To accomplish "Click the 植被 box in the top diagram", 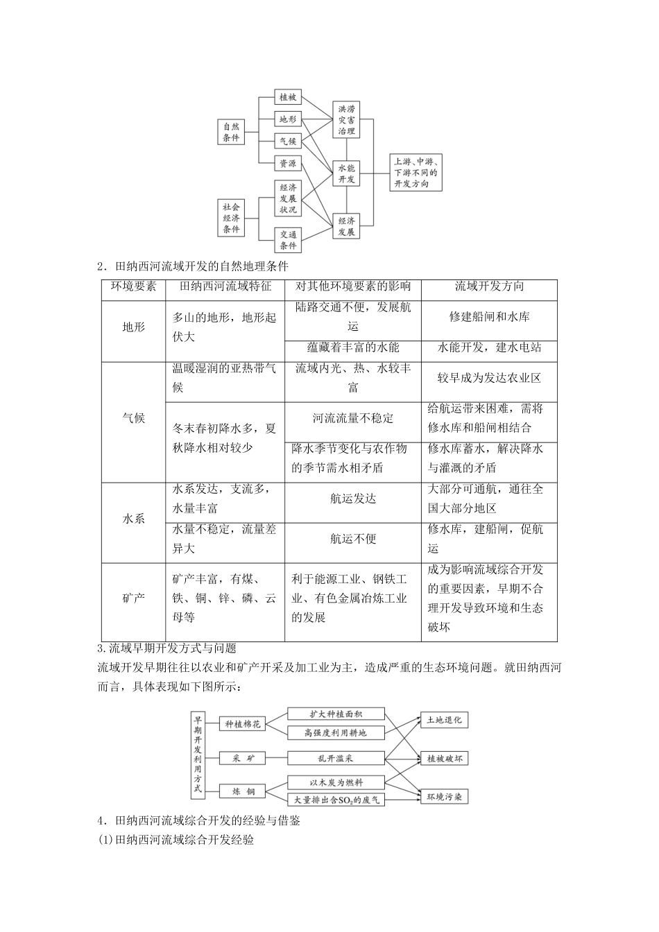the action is point(287,97).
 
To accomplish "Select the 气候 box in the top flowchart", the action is point(287,141).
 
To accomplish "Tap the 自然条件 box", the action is point(231,132).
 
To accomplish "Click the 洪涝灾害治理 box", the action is point(346,119).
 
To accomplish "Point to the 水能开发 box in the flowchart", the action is point(346,173).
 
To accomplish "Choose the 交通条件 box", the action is point(288,240).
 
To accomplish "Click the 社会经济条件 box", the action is point(231,218).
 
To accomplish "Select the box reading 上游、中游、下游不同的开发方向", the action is point(416,173).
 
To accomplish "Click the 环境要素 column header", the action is point(134,286).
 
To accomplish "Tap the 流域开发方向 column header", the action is point(489,286).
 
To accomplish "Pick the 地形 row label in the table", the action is point(134,327).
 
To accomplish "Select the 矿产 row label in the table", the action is point(134,597).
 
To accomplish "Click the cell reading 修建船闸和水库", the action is point(489,316).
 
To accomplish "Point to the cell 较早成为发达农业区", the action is point(489,378).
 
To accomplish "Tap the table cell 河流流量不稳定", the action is point(353,418).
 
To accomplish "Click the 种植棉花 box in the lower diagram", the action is point(243,724).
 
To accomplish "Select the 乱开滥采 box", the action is point(335,758).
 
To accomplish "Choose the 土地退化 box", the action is point(444,720).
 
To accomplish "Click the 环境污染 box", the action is point(444,797).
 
